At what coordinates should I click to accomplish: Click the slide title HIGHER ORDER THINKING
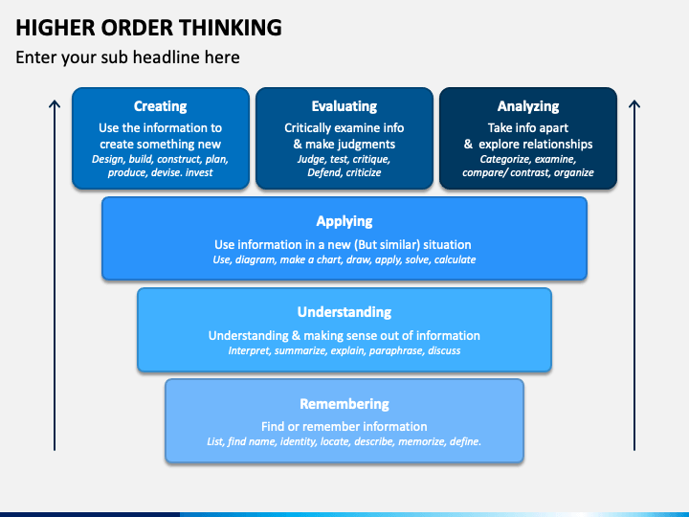coord(148,27)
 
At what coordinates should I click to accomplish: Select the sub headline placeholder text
coord(127,57)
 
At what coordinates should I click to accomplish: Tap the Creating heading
coord(161,106)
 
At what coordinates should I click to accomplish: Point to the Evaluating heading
coord(344,106)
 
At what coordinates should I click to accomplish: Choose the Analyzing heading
coord(528,106)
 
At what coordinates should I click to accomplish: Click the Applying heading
coord(344,221)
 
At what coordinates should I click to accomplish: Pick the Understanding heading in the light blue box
coord(344,312)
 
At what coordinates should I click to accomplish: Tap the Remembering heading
coord(344,404)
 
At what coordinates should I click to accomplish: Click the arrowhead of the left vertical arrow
coord(55,103)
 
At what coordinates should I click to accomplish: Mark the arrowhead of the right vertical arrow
coord(634,103)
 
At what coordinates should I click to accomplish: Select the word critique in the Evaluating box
coord(373,159)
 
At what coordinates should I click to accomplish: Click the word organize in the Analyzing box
coord(574,172)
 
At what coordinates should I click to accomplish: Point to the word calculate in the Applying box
coord(455,259)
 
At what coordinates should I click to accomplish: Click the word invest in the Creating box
coord(199,172)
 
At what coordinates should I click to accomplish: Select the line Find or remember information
coord(344,426)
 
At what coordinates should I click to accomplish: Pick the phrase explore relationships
coord(536,145)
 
